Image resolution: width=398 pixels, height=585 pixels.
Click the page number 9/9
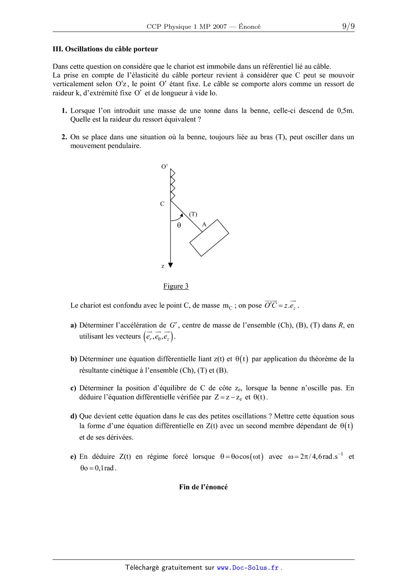pyautogui.click(x=348, y=26)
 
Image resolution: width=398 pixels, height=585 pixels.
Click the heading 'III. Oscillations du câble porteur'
pyautogui.click(x=105, y=49)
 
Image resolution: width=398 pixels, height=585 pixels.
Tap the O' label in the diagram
pyautogui.click(x=164, y=166)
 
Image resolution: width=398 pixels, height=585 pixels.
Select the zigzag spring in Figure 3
pyautogui.click(x=172, y=185)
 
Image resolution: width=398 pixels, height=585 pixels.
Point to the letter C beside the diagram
pyautogui.click(x=162, y=204)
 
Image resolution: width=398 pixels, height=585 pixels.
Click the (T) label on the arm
pyautogui.click(x=193, y=214)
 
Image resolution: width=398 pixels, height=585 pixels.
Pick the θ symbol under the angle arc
pyautogui.click(x=179, y=225)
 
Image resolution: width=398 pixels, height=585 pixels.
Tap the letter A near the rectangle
pyautogui.click(x=204, y=224)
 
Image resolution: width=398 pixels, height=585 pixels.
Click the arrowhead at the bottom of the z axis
pyautogui.click(x=171, y=265)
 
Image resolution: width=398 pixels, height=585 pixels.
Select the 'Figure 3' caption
pyautogui.click(x=176, y=286)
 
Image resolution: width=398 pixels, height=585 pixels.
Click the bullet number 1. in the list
pyautogui.click(x=64, y=110)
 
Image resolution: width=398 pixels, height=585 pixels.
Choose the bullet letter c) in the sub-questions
pyautogui.click(x=74, y=388)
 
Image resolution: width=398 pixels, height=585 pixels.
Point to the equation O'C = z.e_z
pyautogui.click(x=281, y=305)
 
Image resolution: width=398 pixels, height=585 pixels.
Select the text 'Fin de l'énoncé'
pyautogui.click(x=203, y=487)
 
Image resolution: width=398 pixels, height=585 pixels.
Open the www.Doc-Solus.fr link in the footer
pyautogui.click(x=248, y=568)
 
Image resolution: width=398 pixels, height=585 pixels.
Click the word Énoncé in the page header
pyautogui.click(x=249, y=27)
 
